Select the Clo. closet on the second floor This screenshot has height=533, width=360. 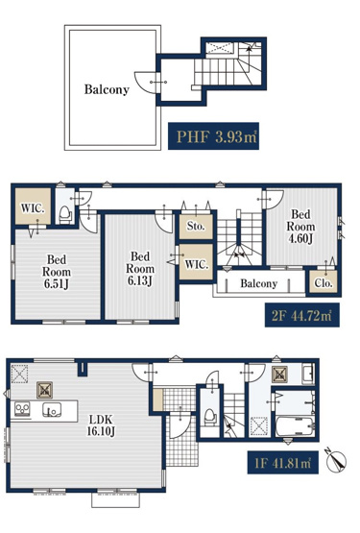tap(322, 283)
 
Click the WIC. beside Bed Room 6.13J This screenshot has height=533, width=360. tap(196, 264)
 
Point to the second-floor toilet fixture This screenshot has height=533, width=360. tap(63, 212)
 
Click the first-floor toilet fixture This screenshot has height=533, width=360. tap(208, 416)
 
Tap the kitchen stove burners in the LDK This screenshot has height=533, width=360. tap(21, 411)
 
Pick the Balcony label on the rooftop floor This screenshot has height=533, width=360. tap(107, 89)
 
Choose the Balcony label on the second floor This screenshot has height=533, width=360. tap(259, 283)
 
